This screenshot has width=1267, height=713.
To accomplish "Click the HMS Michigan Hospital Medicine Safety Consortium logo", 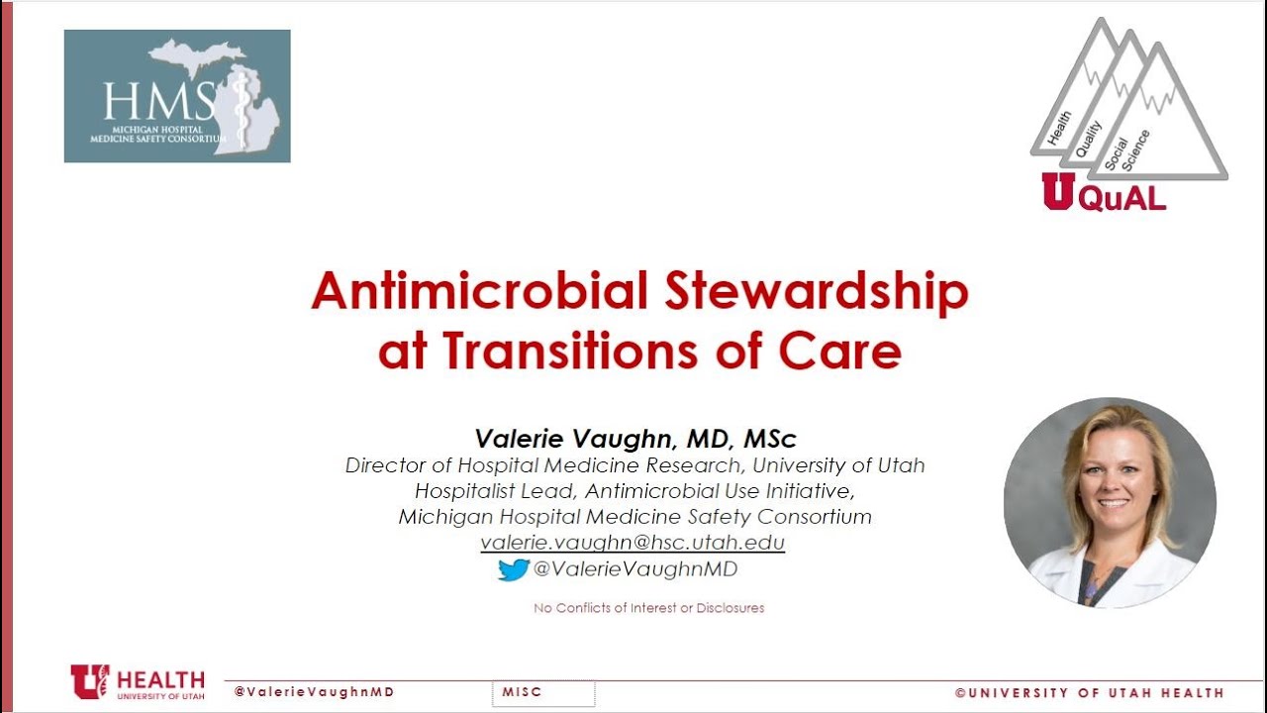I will point(177,96).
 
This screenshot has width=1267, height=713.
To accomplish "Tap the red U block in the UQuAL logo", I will point(1056,192).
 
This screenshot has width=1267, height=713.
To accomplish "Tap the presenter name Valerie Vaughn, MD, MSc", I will point(635,439).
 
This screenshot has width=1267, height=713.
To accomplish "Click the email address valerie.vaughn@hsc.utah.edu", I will point(633,543).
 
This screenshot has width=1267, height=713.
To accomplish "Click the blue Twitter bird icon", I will point(513,569).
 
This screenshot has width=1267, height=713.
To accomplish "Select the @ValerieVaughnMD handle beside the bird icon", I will point(634,569).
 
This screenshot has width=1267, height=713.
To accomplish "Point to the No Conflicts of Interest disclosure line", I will point(648,608).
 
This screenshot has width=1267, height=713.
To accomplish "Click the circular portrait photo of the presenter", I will point(1110,503).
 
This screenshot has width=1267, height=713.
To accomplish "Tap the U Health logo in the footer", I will point(138,682).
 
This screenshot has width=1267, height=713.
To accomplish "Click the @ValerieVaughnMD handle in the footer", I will point(314,692).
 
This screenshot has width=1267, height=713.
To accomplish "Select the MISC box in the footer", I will point(542,693).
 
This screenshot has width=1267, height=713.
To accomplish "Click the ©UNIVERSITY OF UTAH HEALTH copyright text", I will point(1089,693).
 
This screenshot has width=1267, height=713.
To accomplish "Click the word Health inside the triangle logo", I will point(1059,130).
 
